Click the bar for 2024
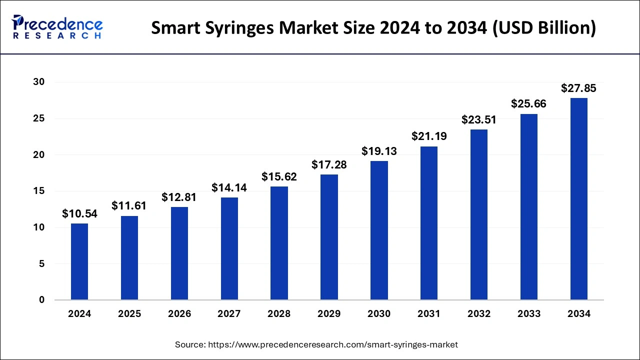click(x=79, y=261)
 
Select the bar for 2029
click(x=329, y=237)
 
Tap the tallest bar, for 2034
click(x=579, y=199)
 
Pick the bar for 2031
click(x=429, y=223)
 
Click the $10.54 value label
click(x=79, y=214)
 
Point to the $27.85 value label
click(x=579, y=88)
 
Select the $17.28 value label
click(x=329, y=164)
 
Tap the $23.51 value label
click(x=479, y=119)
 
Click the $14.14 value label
click(x=229, y=187)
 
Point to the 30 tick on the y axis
click(x=38, y=82)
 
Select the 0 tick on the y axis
click(x=41, y=300)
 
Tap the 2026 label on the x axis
click(x=179, y=314)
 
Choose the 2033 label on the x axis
click(x=529, y=314)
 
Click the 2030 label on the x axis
click(x=379, y=314)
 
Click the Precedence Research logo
click(x=57, y=27)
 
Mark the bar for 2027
click(x=229, y=248)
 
